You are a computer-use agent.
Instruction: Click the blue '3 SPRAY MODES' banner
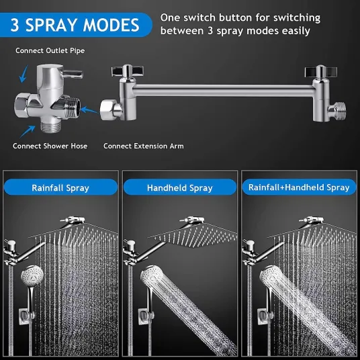click(x=75, y=25)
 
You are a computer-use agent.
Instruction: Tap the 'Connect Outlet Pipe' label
click(x=50, y=50)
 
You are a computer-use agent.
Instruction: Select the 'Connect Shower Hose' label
click(x=50, y=146)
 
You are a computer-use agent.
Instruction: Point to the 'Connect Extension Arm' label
click(x=144, y=146)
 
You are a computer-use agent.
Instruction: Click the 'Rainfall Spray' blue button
click(x=60, y=187)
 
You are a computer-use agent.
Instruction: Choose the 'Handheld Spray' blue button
click(x=180, y=187)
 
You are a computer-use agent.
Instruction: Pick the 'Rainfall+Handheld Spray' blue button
click(x=299, y=187)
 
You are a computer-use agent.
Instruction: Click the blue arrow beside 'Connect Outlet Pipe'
click(x=24, y=74)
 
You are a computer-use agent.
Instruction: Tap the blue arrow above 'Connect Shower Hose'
click(x=28, y=132)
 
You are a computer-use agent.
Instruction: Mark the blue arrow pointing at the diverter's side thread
click(x=89, y=109)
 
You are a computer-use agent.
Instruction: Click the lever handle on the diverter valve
click(x=73, y=74)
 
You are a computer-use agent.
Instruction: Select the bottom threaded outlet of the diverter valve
click(x=51, y=127)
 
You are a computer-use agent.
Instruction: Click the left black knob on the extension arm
click(x=128, y=71)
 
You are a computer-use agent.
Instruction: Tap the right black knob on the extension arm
click(x=321, y=72)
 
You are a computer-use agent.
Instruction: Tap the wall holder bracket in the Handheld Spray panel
click(x=145, y=316)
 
